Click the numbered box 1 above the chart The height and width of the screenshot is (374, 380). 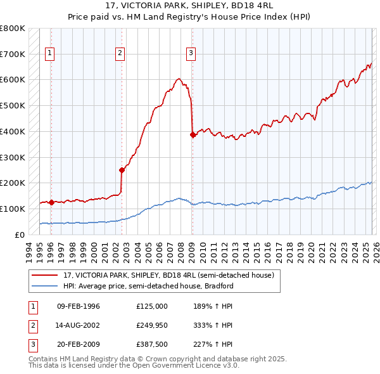50,54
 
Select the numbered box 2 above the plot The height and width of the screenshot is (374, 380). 120,54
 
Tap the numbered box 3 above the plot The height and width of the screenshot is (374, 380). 191,54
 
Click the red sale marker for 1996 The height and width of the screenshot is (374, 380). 51,202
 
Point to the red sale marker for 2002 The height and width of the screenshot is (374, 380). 121,170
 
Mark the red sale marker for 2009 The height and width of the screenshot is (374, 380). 192,134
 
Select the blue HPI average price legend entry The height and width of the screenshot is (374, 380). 148,286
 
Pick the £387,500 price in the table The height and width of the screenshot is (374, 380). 151,345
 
